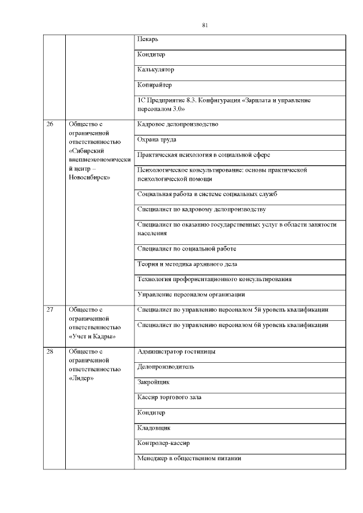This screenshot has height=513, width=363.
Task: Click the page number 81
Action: point(206,25)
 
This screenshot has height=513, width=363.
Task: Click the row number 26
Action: point(50,124)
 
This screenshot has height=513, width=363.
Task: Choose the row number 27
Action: point(50,310)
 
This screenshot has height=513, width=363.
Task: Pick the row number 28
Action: point(50,351)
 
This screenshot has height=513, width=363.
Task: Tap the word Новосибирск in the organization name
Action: point(88,177)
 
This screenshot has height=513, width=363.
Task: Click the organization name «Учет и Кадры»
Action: point(92,336)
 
